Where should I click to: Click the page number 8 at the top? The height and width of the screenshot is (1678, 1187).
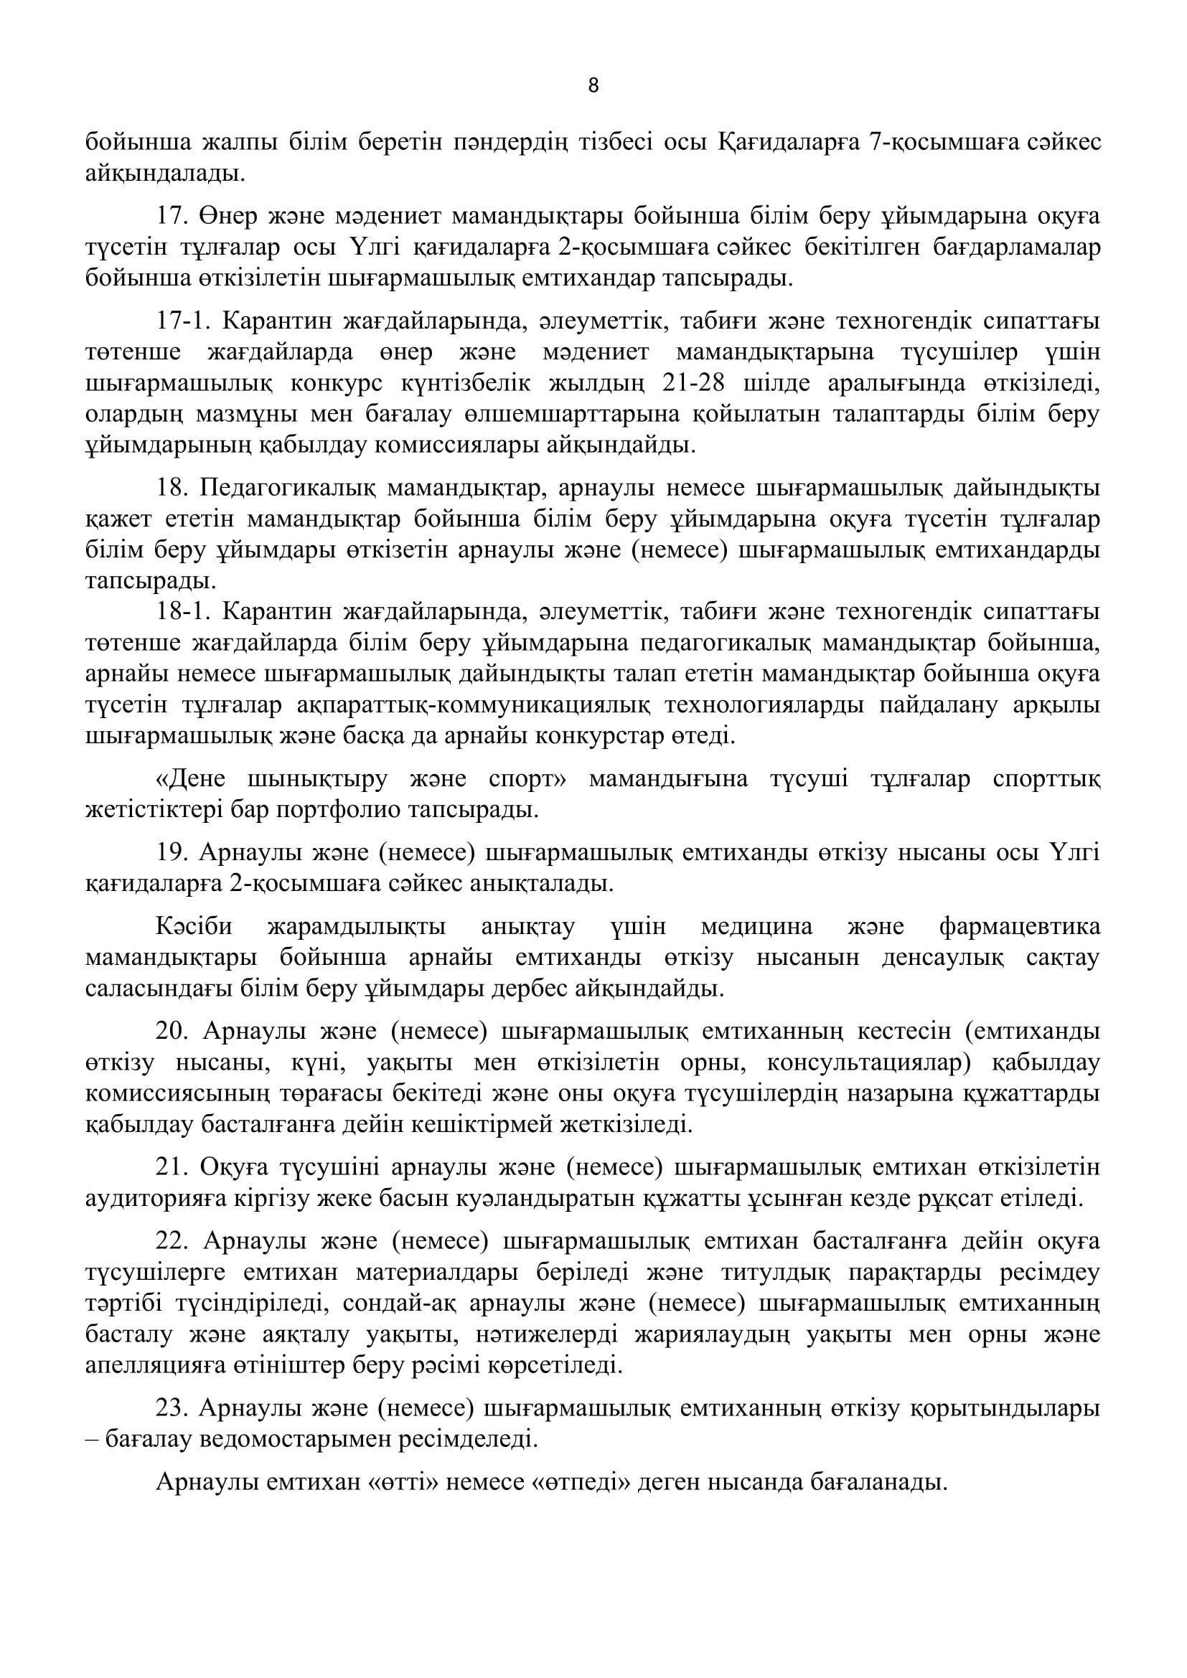point(593,86)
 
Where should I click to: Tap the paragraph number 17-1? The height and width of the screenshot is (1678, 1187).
point(182,321)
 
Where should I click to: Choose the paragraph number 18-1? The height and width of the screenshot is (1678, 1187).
point(182,612)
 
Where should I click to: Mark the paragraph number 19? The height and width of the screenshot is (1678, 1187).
point(170,854)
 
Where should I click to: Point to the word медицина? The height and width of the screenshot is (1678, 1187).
point(756,928)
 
